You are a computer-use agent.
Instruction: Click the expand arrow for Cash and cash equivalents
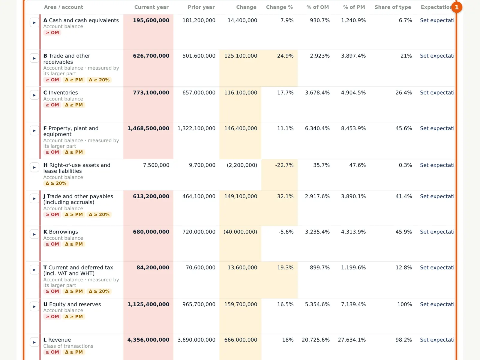(34, 23)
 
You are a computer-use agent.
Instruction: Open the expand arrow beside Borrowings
(34, 234)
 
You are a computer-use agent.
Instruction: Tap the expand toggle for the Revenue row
(34, 342)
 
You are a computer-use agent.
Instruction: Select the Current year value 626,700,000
(151, 56)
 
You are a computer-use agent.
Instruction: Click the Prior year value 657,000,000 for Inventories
(199, 93)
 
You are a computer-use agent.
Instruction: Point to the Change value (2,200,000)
(242, 165)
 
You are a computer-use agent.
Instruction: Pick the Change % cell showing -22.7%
(284, 165)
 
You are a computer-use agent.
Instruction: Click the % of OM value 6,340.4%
(317, 128)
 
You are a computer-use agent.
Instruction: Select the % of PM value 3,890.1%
(353, 196)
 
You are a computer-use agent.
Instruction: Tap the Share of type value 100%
(405, 304)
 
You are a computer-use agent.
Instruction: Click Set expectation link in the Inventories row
(437, 93)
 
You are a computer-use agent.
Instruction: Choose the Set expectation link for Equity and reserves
(437, 304)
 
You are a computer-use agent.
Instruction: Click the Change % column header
(279, 7)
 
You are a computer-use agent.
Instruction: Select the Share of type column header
(393, 7)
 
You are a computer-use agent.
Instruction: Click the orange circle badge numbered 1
(457, 7)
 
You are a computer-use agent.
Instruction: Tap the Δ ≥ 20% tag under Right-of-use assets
(56, 183)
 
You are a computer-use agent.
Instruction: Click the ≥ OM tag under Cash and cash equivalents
(52, 33)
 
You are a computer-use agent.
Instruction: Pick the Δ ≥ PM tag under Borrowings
(74, 244)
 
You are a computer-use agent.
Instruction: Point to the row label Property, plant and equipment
(71, 131)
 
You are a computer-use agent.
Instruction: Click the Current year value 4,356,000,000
(148, 340)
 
